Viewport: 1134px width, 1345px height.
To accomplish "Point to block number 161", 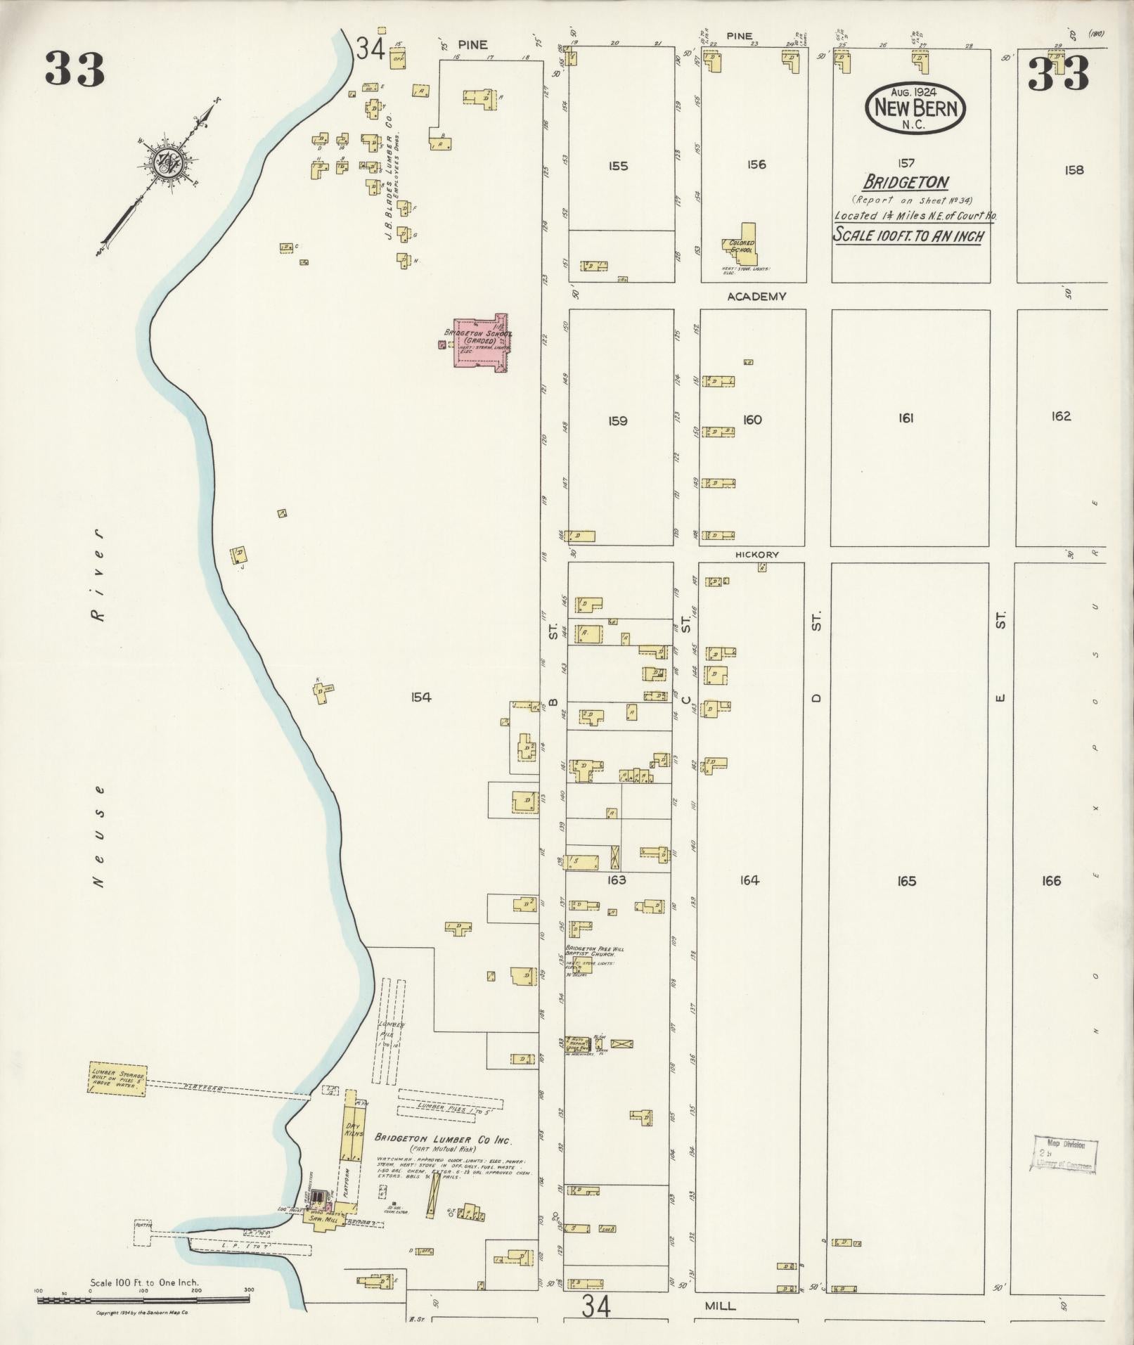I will click(906, 418).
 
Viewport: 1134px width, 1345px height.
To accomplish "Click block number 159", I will click(617, 421).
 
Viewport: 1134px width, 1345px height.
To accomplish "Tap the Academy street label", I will click(756, 297).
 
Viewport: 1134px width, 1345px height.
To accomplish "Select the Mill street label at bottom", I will click(721, 1306).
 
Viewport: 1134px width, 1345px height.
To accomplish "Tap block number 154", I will click(420, 697).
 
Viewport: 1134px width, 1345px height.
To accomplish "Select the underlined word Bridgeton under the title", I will click(906, 182).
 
